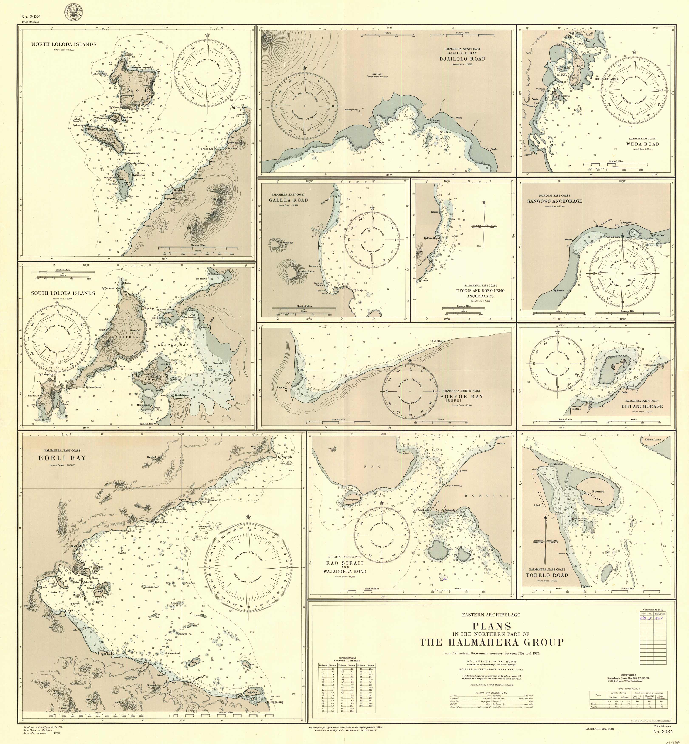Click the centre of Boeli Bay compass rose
coord(248,567)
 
